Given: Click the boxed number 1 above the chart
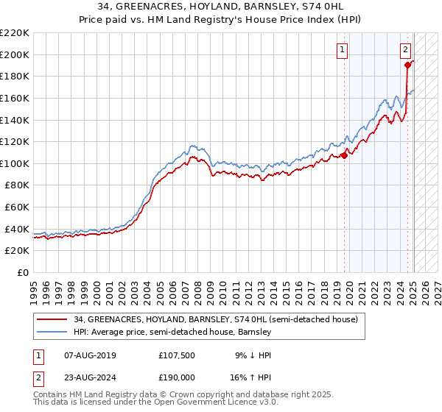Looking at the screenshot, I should click(x=343, y=50).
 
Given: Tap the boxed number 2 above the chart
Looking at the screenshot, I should click(x=406, y=50).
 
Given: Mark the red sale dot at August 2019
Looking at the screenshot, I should click(x=344, y=155).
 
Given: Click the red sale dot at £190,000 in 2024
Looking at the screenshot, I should click(x=407, y=65).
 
